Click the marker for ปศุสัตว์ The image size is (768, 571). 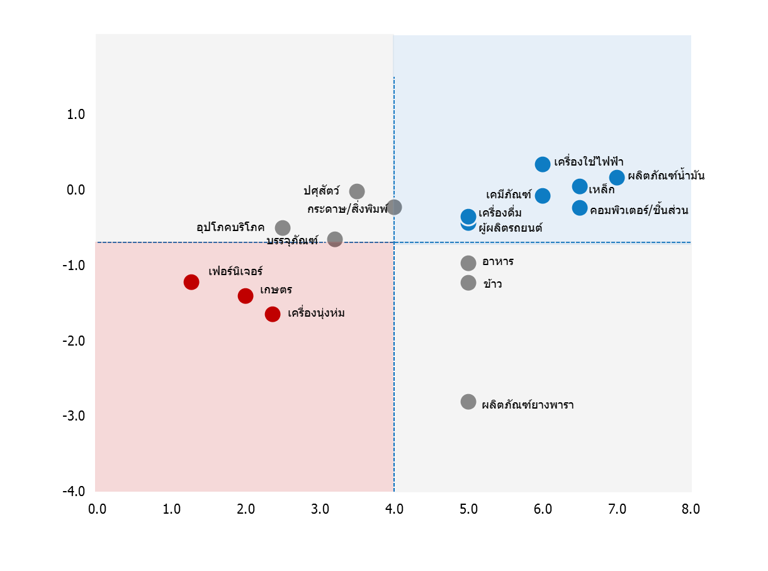[x=357, y=191]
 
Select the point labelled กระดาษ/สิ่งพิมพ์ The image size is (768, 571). [x=394, y=207]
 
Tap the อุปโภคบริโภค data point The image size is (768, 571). [x=283, y=228]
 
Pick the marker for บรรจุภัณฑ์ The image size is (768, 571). [x=335, y=239]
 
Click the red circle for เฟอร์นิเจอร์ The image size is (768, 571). [x=191, y=282]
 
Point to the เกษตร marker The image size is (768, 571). [x=246, y=296]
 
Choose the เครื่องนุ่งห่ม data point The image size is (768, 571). [x=273, y=314]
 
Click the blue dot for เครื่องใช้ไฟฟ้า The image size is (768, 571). [x=543, y=164]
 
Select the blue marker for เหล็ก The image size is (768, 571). [x=580, y=186]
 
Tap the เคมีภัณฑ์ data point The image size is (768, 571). [x=543, y=196]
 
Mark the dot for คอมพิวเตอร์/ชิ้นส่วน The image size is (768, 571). [x=580, y=208]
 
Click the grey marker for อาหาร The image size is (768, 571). [x=468, y=263]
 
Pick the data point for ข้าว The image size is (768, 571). [x=468, y=283]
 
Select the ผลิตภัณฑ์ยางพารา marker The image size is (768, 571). [x=468, y=402]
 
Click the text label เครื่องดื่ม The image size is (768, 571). [x=500, y=213]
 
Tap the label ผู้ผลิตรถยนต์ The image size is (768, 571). [x=511, y=228]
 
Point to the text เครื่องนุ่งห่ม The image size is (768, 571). [x=316, y=314]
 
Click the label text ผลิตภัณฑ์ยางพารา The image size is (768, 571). [x=528, y=405]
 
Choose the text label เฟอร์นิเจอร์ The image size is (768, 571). [x=235, y=272]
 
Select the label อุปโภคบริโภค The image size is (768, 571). [x=230, y=227]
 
